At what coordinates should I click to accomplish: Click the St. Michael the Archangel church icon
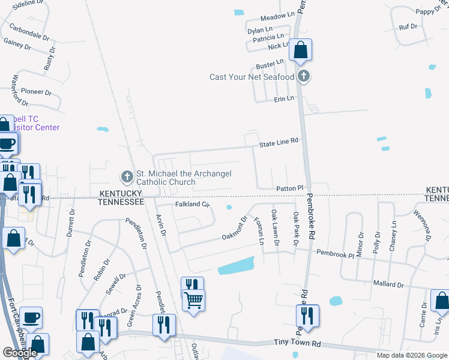click(x=127, y=177)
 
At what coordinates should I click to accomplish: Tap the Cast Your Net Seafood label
click(x=252, y=77)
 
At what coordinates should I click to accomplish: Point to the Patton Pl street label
click(x=291, y=189)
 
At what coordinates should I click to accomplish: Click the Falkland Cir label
click(x=192, y=205)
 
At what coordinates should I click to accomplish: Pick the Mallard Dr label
click(x=387, y=284)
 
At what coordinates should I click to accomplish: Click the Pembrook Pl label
click(x=336, y=254)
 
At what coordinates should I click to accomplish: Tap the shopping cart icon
click(x=193, y=299)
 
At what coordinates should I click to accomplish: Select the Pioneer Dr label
click(x=37, y=92)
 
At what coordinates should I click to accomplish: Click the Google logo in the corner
click(x=20, y=353)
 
